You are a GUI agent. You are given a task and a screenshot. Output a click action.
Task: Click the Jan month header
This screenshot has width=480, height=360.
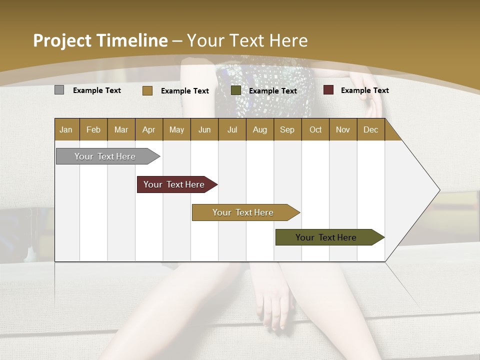click(x=66, y=129)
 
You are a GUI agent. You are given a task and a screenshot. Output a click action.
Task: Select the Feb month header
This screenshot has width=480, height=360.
click(x=93, y=129)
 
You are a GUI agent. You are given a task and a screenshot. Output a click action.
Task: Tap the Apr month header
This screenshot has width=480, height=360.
click(x=149, y=129)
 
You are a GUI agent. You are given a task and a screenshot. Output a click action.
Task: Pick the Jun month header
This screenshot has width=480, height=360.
click(x=204, y=129)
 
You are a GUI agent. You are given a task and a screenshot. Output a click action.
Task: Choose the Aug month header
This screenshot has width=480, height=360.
click(x=260, y=129)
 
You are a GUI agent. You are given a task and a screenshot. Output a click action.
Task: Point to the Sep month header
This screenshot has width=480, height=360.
click(x=287, y=129)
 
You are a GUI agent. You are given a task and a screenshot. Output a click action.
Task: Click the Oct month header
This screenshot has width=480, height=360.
click(x=315, y=129)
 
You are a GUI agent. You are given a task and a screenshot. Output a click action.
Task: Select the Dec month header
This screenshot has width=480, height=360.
click(x=371, y=129)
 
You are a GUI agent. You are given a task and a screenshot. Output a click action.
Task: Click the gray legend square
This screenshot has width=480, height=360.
click(x=59, y=90)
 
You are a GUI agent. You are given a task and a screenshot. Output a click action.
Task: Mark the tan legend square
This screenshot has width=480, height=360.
click(x=147, y=90)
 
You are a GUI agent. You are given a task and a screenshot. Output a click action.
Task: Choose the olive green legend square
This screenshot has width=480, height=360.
click(x=236, y=90)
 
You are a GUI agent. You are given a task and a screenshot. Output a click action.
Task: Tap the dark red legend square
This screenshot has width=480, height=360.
click(x=328, y=90)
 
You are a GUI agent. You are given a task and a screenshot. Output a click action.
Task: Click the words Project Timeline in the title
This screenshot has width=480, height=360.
click(x=100, y=40)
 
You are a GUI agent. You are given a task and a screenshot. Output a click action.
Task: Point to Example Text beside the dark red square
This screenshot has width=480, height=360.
click(x=365, y=90)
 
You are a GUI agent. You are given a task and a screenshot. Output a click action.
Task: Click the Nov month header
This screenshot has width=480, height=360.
click(x=343, y=129)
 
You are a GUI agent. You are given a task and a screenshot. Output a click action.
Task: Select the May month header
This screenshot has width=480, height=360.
click(x=176, y=129)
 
